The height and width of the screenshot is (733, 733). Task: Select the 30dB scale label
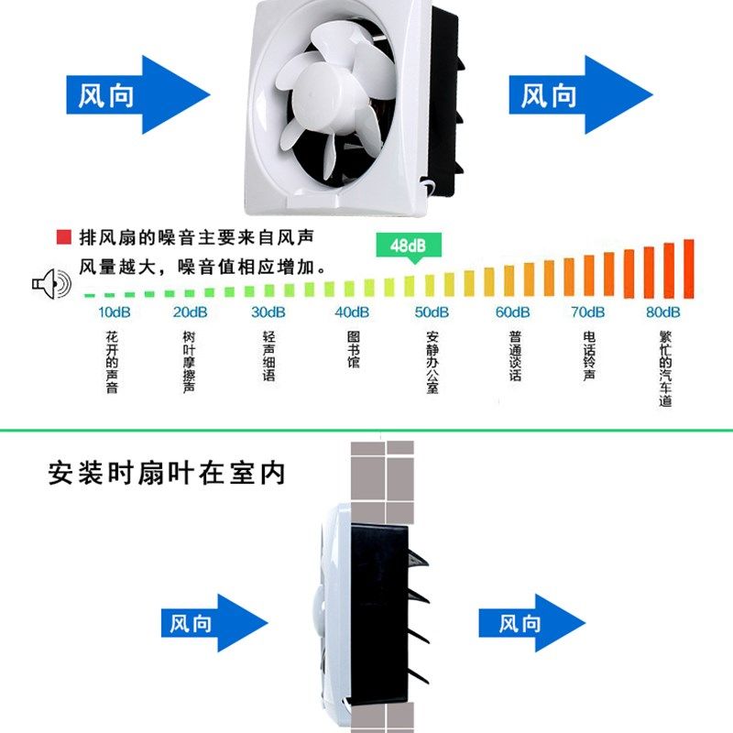(268, 312)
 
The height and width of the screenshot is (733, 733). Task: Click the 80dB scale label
(662, 312)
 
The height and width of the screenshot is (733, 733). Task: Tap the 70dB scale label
(587, 312)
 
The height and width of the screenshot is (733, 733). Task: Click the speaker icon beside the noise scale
(50, 284)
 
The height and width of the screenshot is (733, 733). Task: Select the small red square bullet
(63, 238)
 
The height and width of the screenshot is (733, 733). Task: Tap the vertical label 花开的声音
(112, 363)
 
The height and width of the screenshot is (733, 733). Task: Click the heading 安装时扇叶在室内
(167, 474)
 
